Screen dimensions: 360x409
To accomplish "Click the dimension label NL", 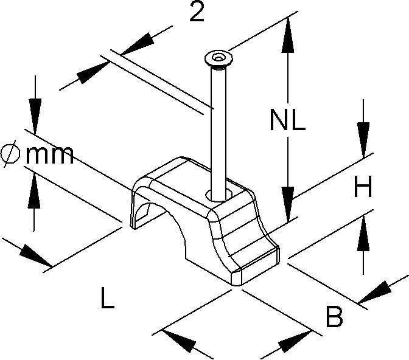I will (x=288, y=122).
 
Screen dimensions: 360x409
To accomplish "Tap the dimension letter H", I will (x=363, y=189).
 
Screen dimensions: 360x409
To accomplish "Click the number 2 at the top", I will (x=196, y=13).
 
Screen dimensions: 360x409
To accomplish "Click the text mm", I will (x=49, y=156).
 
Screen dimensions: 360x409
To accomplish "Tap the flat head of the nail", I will (x=216, y=58).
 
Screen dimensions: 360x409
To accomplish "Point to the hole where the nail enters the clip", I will (x=215, y=195).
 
